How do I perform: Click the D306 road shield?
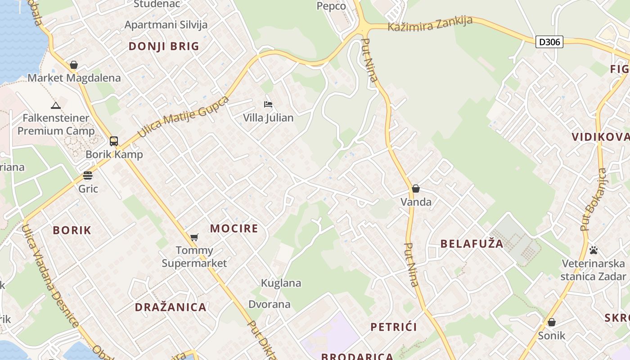pos(549,42)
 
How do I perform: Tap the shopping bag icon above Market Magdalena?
pos(74,65)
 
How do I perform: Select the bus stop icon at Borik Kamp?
pos(114,141)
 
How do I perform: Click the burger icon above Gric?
pos(88,175)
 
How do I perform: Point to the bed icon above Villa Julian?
pos(268,104)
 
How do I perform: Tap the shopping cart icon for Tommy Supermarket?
pos(194,237)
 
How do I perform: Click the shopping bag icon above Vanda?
pos(416,189)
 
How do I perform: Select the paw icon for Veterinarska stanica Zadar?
pos(594,250)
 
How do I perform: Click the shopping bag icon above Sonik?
pos(552,322)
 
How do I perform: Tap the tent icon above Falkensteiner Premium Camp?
pos(56,106)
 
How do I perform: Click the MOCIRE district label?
pos(234,228)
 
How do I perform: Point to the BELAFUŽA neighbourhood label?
pos(472,244)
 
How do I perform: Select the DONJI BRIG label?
pos(164,46)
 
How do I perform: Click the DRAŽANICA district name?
pos(171,307)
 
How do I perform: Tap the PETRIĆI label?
pos(394,327)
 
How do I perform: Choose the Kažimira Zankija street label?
pos(430,24)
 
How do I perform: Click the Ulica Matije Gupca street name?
pos(183,117)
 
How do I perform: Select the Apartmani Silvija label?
pos(166,25)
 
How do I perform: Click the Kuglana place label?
pos(281,283)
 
